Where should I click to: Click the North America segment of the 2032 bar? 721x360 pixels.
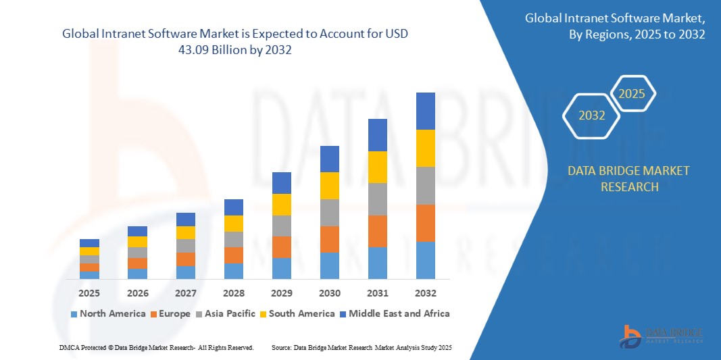point(425,260)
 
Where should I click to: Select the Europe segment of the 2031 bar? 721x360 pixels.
point(377,231)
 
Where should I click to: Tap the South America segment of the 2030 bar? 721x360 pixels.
point(329,185)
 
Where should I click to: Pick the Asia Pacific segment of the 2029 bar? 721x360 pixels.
point(281,226)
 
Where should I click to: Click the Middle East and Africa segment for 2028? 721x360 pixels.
point(233,207)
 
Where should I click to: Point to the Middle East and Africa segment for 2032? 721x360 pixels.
point(425,111)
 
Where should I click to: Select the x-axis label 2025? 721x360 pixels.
point(89,293)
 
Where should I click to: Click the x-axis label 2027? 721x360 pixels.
point(185,293)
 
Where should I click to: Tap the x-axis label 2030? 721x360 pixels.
point(329,293)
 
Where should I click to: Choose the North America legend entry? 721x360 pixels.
point(107,313)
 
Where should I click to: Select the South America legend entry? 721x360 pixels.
point(297,313)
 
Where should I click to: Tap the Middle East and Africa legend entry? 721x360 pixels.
point(393,313)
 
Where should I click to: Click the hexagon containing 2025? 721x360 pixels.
point(632,94)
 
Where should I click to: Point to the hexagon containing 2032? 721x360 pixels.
point(592,115)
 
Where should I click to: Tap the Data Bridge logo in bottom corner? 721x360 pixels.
point(662,336)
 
